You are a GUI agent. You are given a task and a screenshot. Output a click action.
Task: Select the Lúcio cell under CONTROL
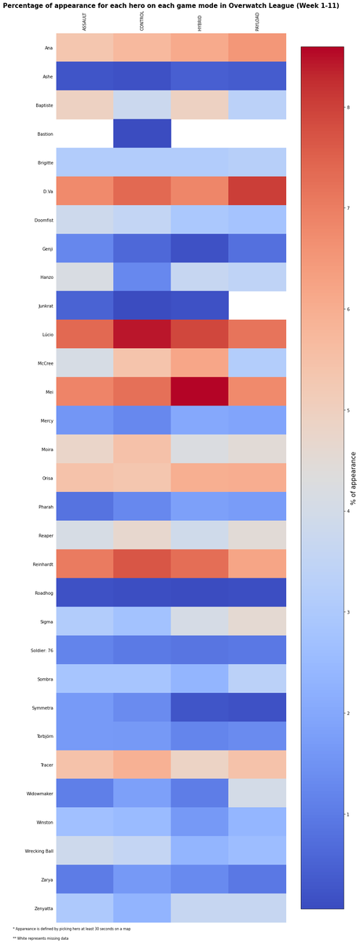pyautogui.click(x=142, y=334)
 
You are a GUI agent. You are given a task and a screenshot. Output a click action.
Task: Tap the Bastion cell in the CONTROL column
pyautogui.click(x=142, y=134)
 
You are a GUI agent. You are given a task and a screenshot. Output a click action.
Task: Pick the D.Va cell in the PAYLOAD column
pyautogui.click(x=257, y=191)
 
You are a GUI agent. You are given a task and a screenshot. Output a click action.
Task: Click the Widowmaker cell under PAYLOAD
pyautogui.click(x=257, y=793)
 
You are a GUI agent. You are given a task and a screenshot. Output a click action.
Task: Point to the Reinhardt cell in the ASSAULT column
pyautogui.click(x=85, y=563)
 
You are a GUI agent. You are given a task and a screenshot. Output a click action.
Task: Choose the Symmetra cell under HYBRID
pyautogui.click(x=200, y=707)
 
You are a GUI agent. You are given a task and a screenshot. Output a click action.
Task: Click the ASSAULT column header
pyautogui.click(x=85, y=22)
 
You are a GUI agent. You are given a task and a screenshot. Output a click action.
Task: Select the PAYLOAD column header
pyautogui.click(x=257, y=21)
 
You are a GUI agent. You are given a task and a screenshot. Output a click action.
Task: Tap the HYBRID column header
pyautogui.click(x=200, y=23)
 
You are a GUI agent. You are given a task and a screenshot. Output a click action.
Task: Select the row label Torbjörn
pyautogui.click(x=42, y=736)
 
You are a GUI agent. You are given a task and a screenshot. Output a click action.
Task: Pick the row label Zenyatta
pyautogui.click(x=42, y=908)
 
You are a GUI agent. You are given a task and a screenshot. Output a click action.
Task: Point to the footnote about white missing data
pyautogui.click(x=41, y=937)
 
